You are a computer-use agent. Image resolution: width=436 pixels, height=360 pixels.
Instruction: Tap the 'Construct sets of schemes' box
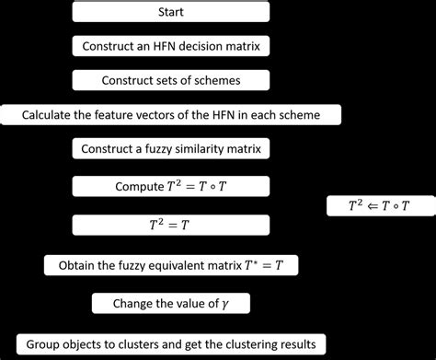point(170,81)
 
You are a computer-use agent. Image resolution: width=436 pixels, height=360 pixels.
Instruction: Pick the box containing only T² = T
point(170,225)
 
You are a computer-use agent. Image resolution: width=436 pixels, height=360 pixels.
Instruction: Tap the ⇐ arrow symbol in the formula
point(381,206)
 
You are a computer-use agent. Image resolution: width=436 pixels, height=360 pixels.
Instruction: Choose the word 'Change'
point(133,304)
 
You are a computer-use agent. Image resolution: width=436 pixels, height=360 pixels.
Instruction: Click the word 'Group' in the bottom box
point(42,344)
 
